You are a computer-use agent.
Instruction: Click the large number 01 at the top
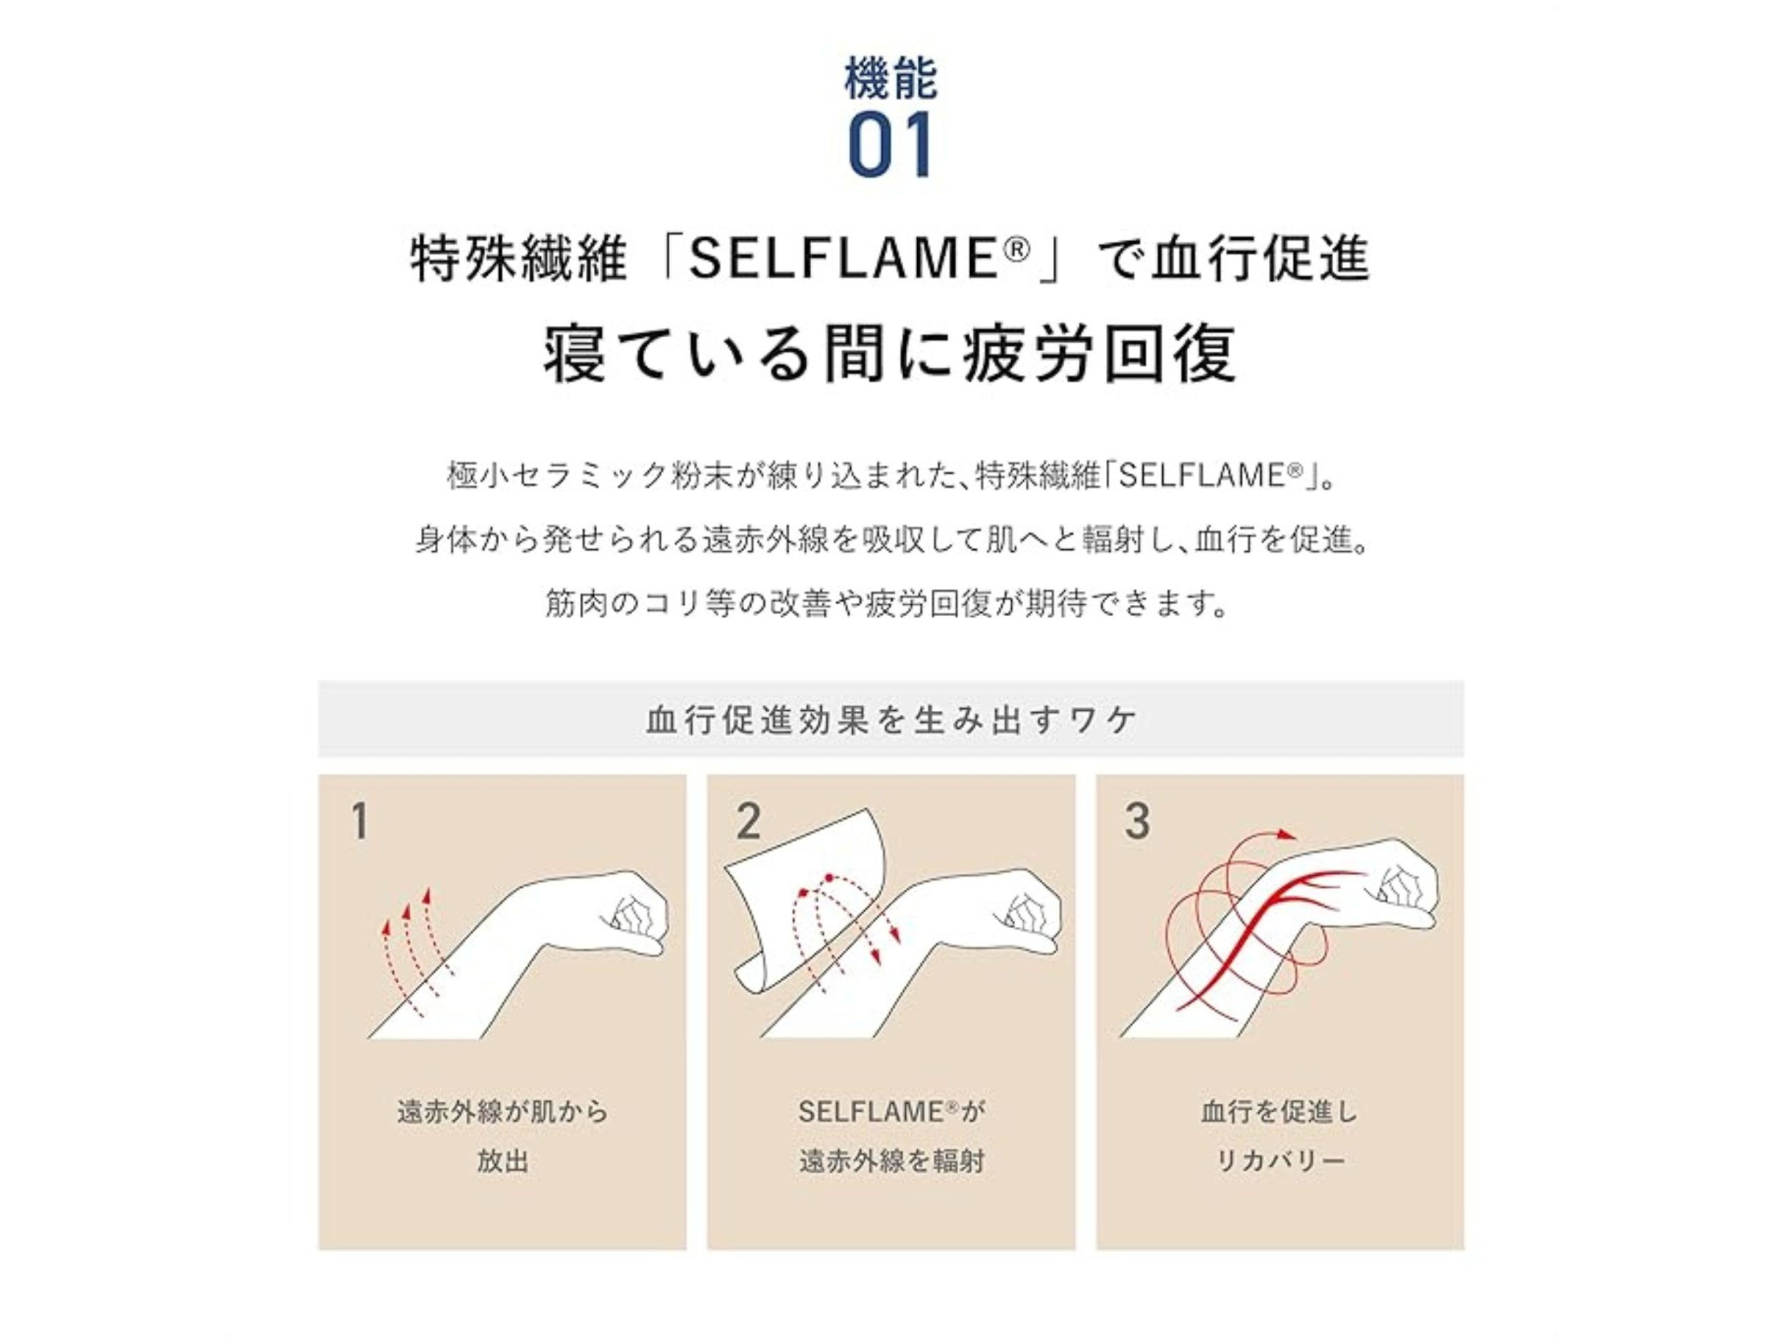tap(891, 145)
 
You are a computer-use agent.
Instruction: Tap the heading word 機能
tap(891, 77)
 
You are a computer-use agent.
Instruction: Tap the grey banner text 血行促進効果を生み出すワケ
tap(891, 719)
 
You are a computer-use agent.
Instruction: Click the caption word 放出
tap(502, 1162)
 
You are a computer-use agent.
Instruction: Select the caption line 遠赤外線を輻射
tap(891, 1162)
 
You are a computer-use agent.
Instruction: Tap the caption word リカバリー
tap(1280, 1162)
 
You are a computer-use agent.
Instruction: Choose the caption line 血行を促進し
tap(1280, 1112)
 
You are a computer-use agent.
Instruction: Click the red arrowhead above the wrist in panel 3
tap(1288, 836)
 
